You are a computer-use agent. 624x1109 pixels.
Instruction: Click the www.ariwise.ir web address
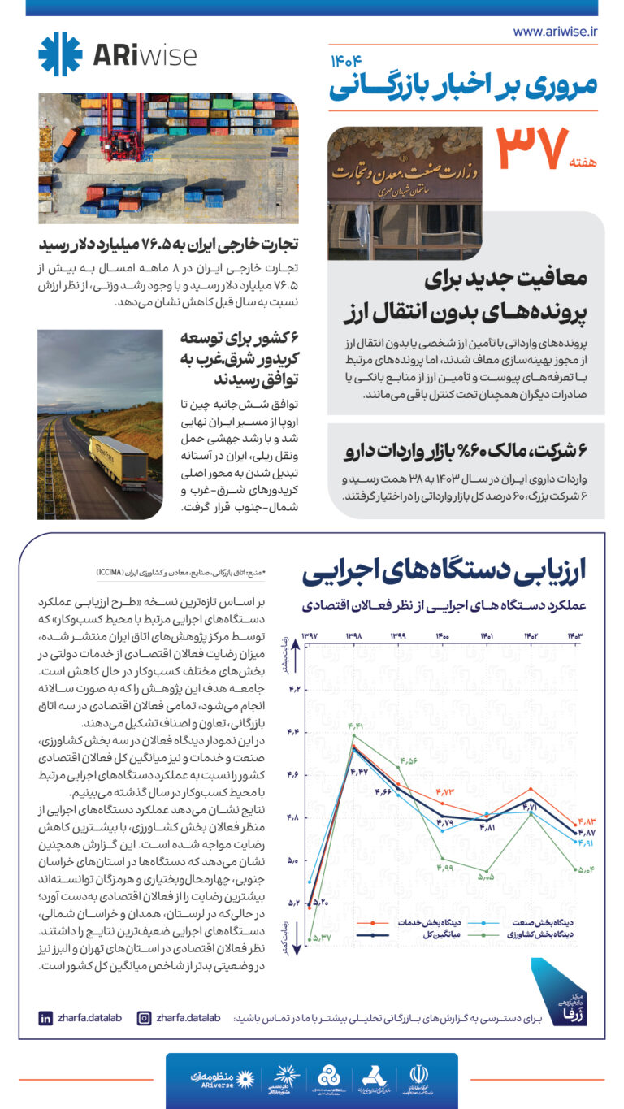[555, 32]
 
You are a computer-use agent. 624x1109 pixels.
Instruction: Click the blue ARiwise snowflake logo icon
[61, 54]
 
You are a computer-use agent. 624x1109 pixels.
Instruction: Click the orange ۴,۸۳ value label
[587, 821]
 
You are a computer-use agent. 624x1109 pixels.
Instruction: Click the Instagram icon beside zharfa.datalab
[144, 1017]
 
